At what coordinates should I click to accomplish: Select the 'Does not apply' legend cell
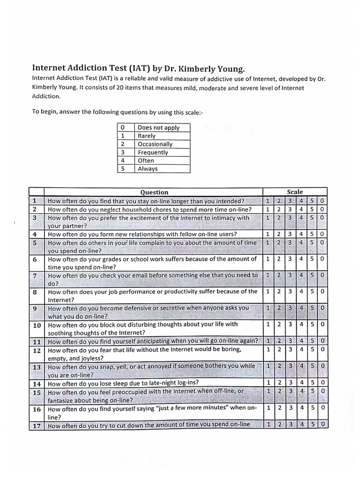(158, 127)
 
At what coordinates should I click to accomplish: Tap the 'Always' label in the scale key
(148, 169)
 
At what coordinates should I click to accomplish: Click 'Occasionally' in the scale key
(155, 144)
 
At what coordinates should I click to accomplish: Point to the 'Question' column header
(154, 192)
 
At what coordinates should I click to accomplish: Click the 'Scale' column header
(295, 192)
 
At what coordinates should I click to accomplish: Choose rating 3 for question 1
(290, 201)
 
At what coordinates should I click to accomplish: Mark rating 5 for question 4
(312, 234)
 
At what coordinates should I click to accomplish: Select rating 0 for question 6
(322, 259)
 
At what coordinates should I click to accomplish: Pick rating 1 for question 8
(268, 292)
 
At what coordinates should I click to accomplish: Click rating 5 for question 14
(312, 383)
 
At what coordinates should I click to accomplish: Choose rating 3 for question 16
(290, 408)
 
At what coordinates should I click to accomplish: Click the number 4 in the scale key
(122, 160)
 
